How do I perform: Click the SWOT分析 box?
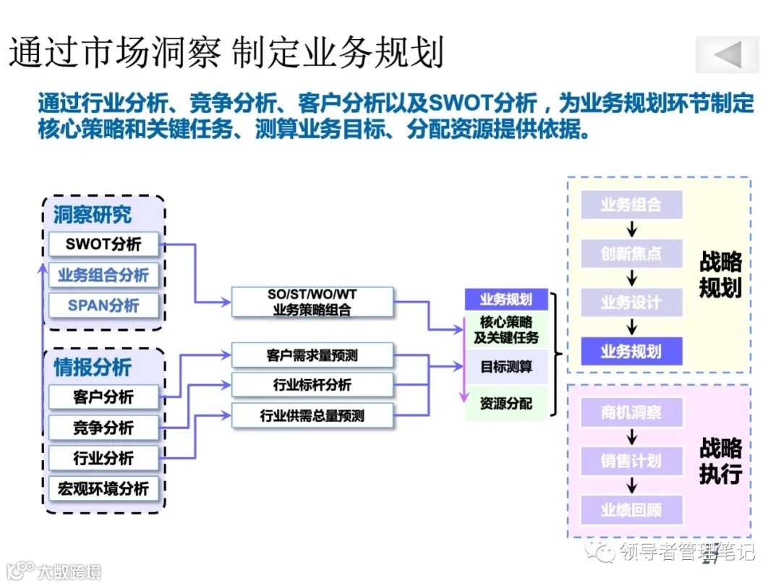103,245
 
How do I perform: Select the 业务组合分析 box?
103,276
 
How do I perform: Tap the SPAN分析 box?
103,305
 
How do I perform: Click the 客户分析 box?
103,397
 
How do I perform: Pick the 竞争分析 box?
103,428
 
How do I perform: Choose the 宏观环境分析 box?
103,488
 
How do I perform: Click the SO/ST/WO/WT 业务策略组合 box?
312,302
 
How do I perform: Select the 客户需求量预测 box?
312,355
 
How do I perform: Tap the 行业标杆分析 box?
312,385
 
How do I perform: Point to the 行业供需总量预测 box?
312,416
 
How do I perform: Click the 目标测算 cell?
506,367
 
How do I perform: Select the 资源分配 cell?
506,404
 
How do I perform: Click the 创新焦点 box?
631,253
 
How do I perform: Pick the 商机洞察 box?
631,413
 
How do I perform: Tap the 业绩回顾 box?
631,510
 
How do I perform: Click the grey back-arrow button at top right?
727,55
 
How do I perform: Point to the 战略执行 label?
720,461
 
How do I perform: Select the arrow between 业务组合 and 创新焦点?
632,229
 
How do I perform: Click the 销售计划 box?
631,461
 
